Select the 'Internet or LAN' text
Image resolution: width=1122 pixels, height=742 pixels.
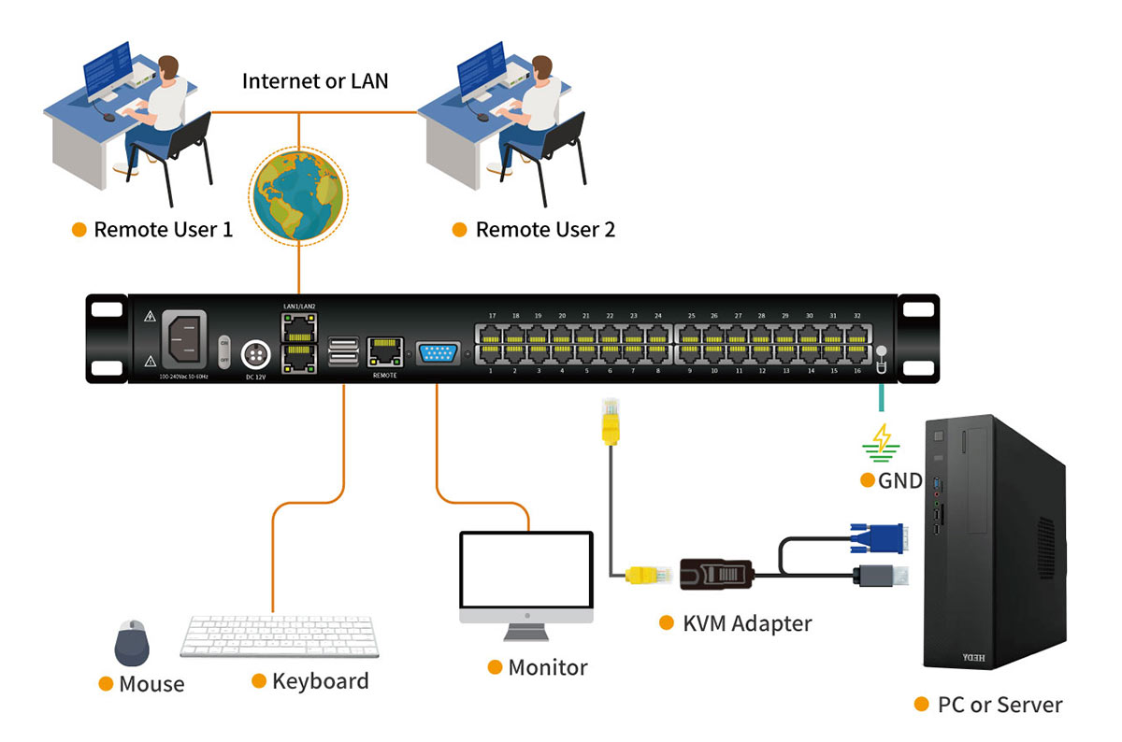coord(315,80)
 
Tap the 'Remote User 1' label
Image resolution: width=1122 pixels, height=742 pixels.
coord(163,230)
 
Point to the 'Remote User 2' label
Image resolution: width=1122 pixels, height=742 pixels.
coord(545,230)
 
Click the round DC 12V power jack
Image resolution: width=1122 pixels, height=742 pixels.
coord(254,355)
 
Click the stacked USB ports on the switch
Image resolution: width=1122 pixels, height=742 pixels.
coord(343,351)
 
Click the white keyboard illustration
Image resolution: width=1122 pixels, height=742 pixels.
coord(277,637)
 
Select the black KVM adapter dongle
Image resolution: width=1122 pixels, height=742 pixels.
coord(714,574)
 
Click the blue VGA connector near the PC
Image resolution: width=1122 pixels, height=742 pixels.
coord(876,540)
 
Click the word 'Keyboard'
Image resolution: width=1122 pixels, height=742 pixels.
coord(320,681)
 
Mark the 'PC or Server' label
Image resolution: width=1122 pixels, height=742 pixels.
coord(1000,705)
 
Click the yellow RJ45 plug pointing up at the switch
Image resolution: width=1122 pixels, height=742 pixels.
coord(611,419)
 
